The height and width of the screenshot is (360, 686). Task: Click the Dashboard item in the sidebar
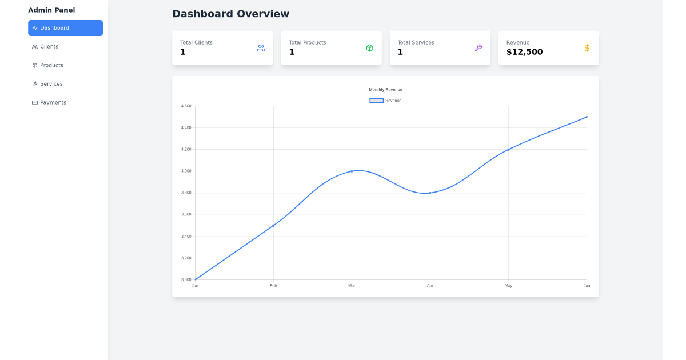[65, 28]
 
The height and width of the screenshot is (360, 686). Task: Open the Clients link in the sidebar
[49, 47]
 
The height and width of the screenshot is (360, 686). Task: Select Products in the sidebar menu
[51, 65]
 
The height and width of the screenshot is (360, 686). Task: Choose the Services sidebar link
[51, 84]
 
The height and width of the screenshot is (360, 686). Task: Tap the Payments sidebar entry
[53, 103]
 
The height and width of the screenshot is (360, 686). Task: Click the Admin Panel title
[51, 10]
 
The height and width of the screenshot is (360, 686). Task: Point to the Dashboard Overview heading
[230, 14]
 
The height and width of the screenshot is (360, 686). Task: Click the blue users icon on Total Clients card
[261, 48]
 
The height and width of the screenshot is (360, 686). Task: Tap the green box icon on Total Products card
[369, 48]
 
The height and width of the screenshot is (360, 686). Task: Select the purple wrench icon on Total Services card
[478, 48]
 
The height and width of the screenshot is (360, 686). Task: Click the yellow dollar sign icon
[587, 48]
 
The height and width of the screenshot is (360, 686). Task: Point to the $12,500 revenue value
[524, 52]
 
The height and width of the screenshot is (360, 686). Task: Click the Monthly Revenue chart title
[385, 90]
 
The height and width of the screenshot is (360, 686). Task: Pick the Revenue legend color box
[376, 101]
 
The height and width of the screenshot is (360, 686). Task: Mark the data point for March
[352, 171]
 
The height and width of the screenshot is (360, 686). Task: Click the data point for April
[430, 193]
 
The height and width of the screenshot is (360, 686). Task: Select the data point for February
[273, 225]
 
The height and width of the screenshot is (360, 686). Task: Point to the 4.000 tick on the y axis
[186, 171]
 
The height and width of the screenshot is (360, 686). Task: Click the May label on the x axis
[508, 285]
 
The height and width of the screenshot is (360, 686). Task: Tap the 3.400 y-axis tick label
[186, 236]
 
